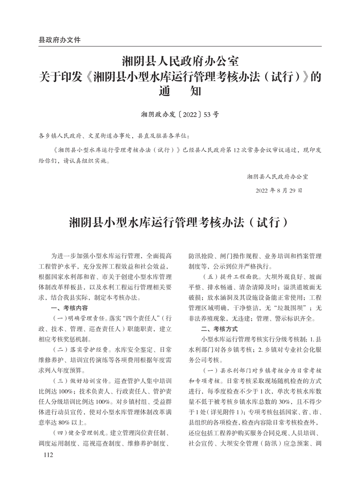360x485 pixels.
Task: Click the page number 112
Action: pos(45,455)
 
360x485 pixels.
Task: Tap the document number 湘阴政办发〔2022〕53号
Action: pos(180,114)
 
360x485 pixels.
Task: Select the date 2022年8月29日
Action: pos(279,191)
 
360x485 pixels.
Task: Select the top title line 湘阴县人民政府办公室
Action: pos(180,61)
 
